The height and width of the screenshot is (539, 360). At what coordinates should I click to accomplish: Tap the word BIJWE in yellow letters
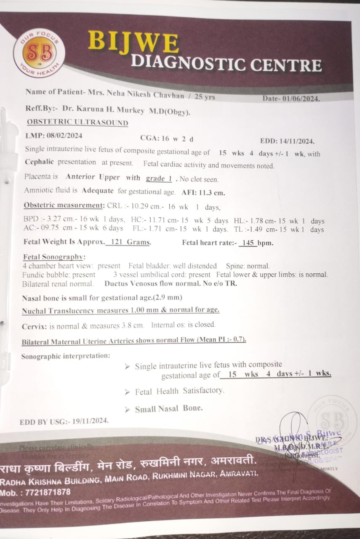(133, 43)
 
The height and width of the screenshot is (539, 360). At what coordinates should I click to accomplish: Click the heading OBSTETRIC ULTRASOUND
(77, 123)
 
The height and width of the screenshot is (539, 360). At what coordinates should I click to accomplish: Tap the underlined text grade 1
(159, 179)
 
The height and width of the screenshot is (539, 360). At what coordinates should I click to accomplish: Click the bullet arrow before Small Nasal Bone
(127, 409)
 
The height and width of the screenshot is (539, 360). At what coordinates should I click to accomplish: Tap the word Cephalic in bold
(40, 162)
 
